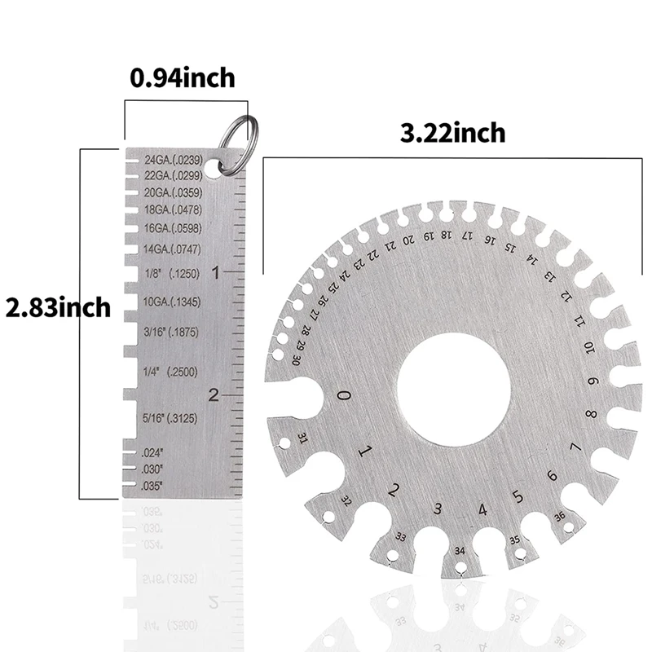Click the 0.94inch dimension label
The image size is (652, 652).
point(183,78)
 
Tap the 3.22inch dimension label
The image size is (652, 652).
point(452,132)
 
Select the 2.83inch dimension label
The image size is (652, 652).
point(58,308)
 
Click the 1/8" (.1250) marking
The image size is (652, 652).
point(170,275)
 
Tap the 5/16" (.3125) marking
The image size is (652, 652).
point(170,418)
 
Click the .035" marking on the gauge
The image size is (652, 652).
point(152,486)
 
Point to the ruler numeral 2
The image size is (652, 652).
point(214,395)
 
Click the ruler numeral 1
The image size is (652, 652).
point(215,273)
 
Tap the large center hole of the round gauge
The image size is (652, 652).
point(452,390)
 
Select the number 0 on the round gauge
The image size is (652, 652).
point(344,396)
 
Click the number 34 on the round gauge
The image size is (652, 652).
point(460,550)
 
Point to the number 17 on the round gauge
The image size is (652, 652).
point(466,236)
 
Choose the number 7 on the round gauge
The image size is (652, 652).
point(575,447)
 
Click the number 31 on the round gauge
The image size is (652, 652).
point(303,438)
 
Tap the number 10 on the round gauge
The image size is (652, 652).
point(588,349)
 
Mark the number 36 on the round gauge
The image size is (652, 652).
point(559,515)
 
